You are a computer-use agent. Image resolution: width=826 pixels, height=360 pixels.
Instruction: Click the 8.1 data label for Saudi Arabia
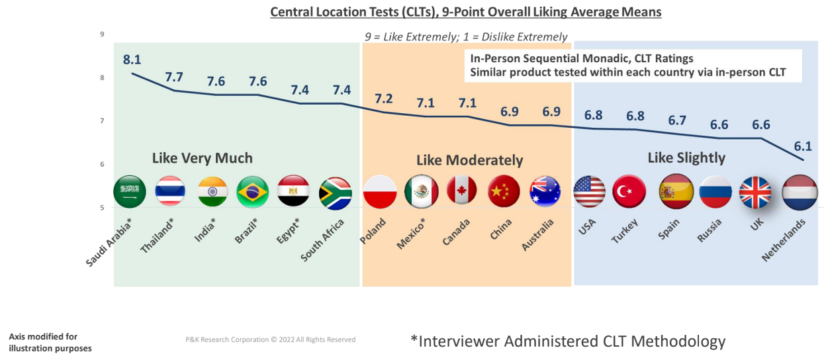coord(132,60)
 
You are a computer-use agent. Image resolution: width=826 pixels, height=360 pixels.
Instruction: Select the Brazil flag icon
coord(252,192)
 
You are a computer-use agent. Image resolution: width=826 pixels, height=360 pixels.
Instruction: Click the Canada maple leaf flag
coord(461,191)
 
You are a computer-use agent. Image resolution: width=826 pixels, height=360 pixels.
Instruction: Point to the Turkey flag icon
coord(628,191)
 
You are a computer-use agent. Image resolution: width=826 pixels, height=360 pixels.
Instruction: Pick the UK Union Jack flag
coord(756,193)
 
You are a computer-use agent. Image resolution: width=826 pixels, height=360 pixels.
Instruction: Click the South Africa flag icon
coord(335,193)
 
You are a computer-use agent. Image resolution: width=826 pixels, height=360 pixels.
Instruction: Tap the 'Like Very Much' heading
coord(203,158)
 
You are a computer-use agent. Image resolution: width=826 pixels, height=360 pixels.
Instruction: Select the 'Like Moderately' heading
coord(469,160)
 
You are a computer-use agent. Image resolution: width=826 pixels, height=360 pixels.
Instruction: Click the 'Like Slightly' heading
coord(686,157)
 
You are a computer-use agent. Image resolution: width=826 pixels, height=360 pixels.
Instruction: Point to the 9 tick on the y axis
coord(102,34)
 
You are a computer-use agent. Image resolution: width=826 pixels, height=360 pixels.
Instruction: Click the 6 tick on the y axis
coord(102,164)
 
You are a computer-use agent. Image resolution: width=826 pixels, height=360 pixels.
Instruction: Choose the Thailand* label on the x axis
coord(158,235)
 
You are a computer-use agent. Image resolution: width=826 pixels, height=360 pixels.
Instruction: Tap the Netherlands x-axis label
coord(785,240)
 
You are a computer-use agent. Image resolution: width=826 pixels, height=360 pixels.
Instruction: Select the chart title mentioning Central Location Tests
coord(465,12)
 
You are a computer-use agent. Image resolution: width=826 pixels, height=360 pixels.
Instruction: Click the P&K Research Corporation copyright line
coord(270,339)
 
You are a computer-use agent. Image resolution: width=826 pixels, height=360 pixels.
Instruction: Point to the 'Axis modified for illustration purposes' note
coord(50,342)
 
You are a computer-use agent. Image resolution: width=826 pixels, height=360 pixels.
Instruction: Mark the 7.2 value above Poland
coord(384,99)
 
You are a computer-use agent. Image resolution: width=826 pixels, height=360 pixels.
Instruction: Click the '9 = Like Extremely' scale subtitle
coord(466,37)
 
